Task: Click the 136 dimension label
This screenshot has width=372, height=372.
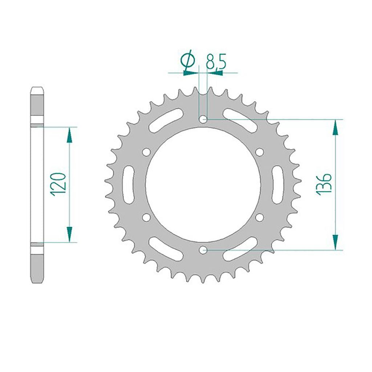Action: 324,184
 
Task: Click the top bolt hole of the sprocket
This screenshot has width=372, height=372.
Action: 203,119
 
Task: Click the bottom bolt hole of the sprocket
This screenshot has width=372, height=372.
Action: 203,250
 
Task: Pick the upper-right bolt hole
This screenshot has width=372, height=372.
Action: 259,152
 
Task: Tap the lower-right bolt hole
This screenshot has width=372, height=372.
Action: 259,217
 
